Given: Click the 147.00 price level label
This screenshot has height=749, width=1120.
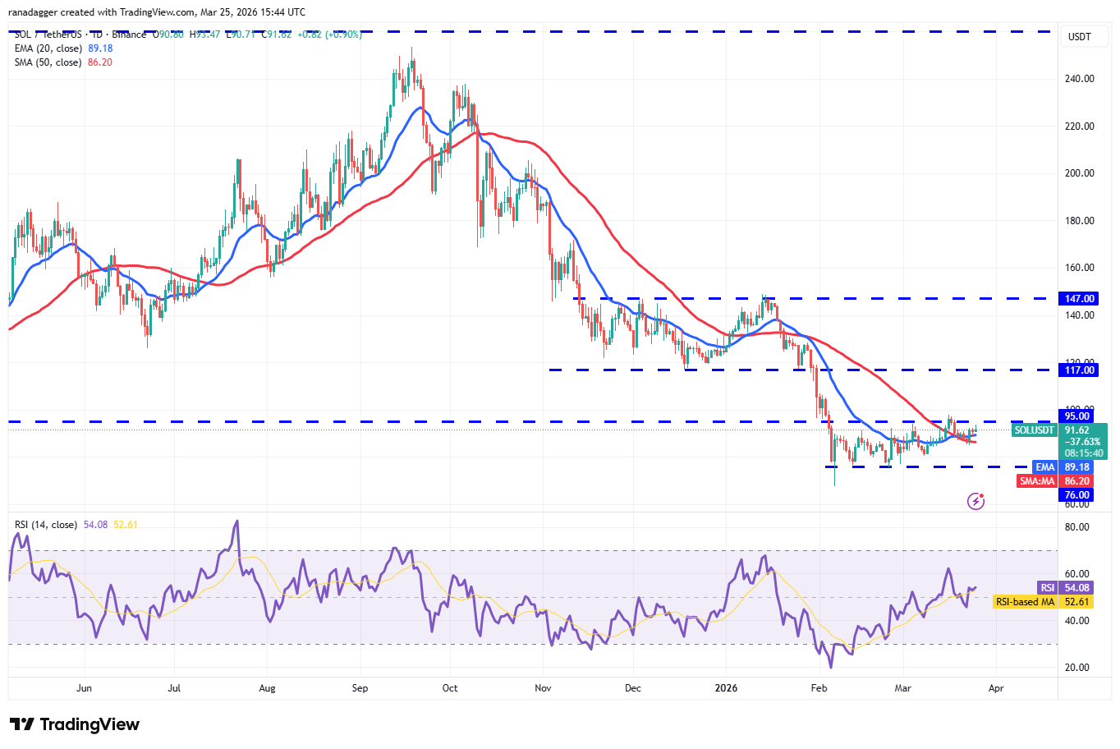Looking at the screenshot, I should pyautogui.click(x=1079, y=299).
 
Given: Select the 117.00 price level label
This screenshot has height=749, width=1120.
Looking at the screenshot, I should pyautogui.click(x=1079, y=370).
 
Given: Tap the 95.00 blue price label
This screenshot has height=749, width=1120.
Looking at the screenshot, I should pyautogui.click(x=1076, y=416).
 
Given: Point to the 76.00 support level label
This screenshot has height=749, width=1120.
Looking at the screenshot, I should pyautogui.click(x=1076, y=495).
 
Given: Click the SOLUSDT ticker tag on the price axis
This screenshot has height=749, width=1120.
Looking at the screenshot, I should pyautogui.click(x=1034, y=430).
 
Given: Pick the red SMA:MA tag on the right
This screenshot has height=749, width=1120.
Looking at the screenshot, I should pyautogui.click(x=1036, y=481).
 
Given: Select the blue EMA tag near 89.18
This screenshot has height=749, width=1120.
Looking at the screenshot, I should pyautogui.click(x=1044, y=467).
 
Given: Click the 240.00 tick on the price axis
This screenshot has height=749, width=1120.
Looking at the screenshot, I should pyautogui.click(x=1079, y=79).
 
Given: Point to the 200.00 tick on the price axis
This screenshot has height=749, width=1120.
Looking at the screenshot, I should pyautogui.click(x=1079, y=173).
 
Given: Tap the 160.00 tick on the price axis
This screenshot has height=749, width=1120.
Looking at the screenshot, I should pyautogui.click(x=1079, y=268).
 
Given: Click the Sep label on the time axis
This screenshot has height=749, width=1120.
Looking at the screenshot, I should pyautogui.click(x=360, y=688).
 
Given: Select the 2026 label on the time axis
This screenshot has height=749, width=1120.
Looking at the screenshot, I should pyautogui.click(x=726, y=688).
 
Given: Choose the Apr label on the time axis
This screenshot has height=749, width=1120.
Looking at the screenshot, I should pyautogui.click(x=995, y=688).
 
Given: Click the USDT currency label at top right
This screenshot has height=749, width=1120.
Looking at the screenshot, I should pyautogui.click(x=1079, y=37).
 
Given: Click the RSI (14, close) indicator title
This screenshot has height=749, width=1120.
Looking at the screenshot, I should pyautogui.click(x=46, y=525).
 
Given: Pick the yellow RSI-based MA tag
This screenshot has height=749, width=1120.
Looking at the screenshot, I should pyautogui.click(x=1025, y=602).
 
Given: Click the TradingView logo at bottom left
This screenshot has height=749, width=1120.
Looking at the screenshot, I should pyautogui.click(x=75, y=724).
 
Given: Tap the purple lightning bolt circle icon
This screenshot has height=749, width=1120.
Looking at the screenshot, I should pyautogui.click(x=975, y=500).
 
